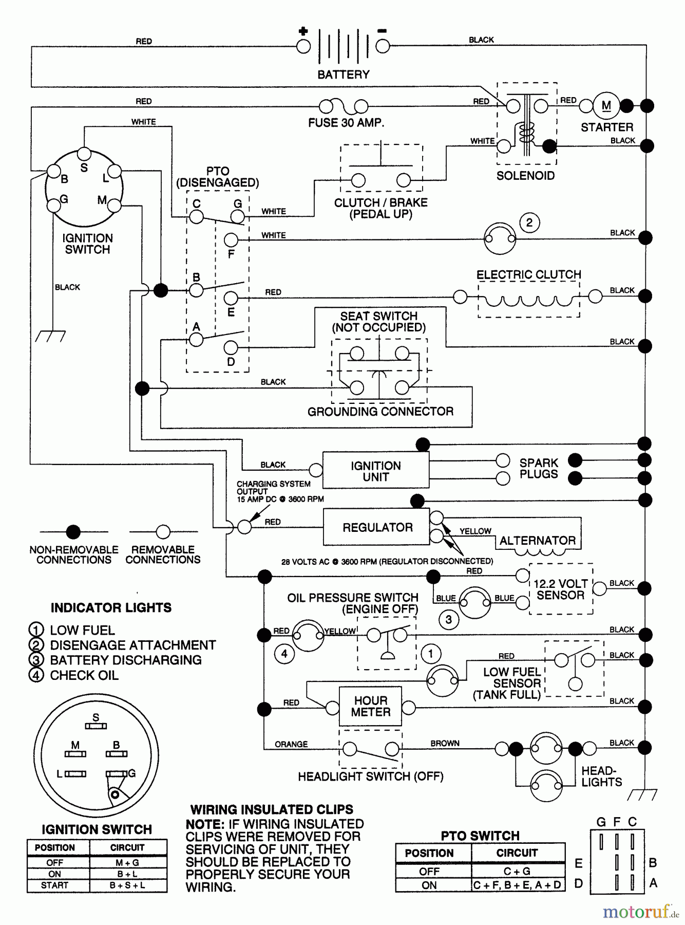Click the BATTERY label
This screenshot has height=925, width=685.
click(343, 75)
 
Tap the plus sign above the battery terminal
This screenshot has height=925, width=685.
click(303, 31)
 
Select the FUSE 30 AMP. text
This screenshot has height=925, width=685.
click(346, 123)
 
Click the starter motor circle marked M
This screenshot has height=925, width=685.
click(606, 106)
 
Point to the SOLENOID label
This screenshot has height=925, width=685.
click(525, 176)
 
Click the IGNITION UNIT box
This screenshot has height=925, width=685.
click(375, 471)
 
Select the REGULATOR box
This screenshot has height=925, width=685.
click(377, 527)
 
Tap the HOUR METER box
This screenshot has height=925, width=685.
click(370, 707)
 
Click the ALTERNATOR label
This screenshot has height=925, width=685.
click(537, 541)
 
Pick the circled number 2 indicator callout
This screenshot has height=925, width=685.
click(529, 223)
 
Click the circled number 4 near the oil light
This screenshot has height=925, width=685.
click(284, 654)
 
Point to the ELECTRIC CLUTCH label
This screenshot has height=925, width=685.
click(528, 274)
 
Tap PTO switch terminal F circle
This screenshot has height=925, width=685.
click(231, 239)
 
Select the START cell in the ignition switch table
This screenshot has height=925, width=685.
click(54, 885)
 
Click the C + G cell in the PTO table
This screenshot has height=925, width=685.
click(517, 871)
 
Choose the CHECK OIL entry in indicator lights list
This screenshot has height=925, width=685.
click(84, 675)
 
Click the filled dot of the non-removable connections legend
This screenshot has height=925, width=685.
click(73, 531)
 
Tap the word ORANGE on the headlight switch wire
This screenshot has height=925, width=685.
click(291, 744)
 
